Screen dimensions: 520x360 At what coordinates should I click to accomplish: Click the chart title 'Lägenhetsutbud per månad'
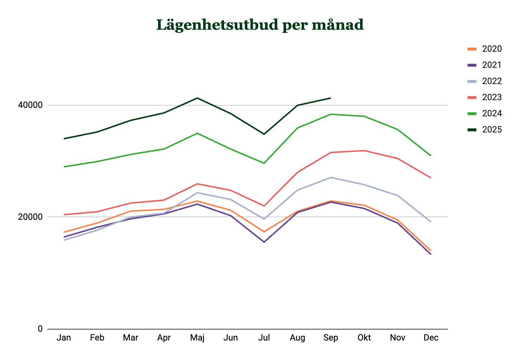[260, 25]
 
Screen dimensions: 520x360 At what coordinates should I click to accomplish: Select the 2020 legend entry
[484, 49]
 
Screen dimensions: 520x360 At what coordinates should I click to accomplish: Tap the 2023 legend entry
[484, 97]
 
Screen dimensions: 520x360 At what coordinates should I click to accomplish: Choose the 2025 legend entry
[484, 130]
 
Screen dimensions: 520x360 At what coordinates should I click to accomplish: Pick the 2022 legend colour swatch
[472, 81]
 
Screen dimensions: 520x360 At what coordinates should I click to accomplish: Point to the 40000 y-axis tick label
[30, 105]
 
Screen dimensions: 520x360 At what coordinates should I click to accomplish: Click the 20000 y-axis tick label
[30, 217]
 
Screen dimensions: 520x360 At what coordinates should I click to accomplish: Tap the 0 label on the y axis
[40, 329]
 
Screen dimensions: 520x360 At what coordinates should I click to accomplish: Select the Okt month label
[364, 338]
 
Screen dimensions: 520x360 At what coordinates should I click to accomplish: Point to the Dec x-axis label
[431, 338]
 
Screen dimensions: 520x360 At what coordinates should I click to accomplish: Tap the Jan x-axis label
[64, 338]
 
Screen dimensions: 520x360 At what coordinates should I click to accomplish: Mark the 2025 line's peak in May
[197, 98]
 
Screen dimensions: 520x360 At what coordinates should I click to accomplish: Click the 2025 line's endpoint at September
[330, 98]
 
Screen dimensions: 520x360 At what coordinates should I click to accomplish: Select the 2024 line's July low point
[264, 163]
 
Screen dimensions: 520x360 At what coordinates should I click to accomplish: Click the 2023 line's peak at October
[364, 151]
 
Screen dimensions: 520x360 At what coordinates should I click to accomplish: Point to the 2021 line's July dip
[264, 242]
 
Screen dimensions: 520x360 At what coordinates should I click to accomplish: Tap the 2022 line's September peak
[330, 178]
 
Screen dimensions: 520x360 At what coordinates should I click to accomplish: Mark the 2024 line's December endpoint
[431, 156]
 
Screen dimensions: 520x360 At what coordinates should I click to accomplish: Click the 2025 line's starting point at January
[64, 139]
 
